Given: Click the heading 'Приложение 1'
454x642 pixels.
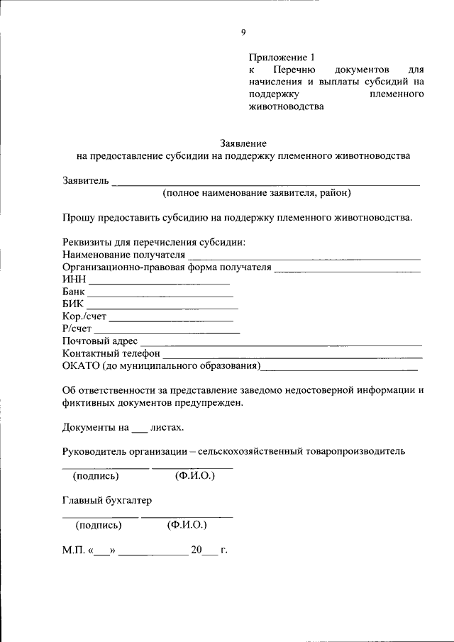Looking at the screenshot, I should click(x=280, y=57).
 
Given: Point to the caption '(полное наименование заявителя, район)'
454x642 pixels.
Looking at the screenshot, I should click(x=256, y=192).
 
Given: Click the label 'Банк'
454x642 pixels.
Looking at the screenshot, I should click(x=73, y=292).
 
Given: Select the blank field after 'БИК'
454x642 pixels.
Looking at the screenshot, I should click(x=162, y=306).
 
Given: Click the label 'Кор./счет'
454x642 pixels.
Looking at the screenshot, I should click(x=84, y=316).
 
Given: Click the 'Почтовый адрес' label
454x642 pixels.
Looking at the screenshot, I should click(x=99, y=341).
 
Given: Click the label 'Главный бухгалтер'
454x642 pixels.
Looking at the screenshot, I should click(x=106, y=500).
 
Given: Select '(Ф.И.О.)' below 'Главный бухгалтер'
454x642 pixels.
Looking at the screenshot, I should click(x=187, y=525).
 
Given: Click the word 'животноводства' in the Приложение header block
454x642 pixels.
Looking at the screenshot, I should click(x=286, y=108).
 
